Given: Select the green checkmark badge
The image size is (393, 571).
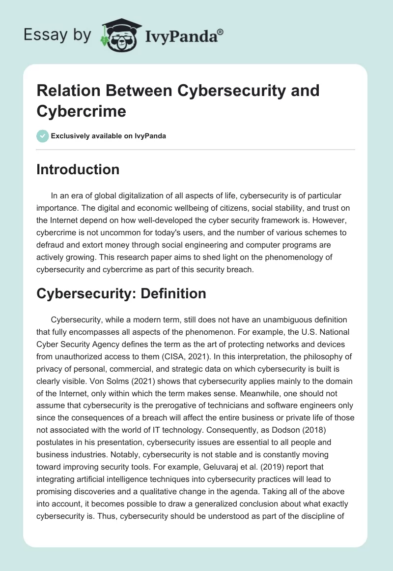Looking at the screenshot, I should pos(43,136).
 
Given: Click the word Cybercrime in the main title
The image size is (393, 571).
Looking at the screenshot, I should pos(81,111).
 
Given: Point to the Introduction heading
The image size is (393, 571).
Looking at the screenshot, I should pos(78,169).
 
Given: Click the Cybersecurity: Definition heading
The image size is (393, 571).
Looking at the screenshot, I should pos(121,293).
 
